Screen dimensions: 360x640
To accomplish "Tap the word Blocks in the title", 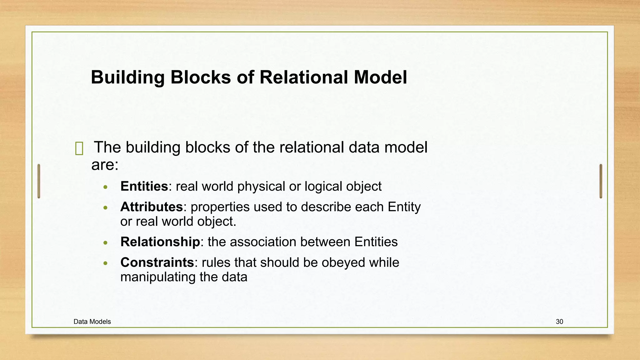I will (x=200, y=77).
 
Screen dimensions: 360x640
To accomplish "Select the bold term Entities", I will (x=144, y=187).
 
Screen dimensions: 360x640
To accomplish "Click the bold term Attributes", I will (x=152, y=207).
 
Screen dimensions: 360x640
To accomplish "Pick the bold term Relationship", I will (x=160, y=242).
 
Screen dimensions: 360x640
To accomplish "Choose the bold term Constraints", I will (x=157, y=262).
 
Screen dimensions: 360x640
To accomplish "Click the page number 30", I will (x=559, y=322).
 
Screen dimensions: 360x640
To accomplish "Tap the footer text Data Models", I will (x=92, y=322).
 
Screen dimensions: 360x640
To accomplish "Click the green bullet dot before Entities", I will (x=106, y=187).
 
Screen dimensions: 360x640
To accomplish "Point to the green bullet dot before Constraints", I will (x=106, y=263).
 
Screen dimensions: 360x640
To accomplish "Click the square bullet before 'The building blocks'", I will (x=79, y=148).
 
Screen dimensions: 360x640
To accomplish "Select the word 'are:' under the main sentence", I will (x=105, y=165).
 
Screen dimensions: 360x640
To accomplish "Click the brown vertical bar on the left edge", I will (x=39, y=181).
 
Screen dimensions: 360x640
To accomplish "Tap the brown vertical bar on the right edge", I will (x=601, y=181).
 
